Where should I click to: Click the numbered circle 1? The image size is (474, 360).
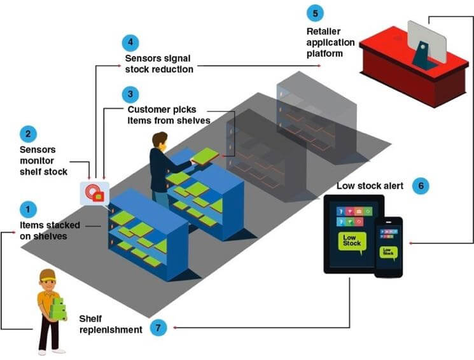click(x=27, y=209)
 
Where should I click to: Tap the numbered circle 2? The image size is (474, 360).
click(x=27, y=134)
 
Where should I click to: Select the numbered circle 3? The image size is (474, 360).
click(x=130, y=95)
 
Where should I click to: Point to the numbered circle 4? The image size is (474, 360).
click(x=130, y=43)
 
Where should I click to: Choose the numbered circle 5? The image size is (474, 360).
click(x=314, y=13)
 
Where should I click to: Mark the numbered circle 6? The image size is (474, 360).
click(x=420, y=186)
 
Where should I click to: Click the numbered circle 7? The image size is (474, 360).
click(x=159, y=328)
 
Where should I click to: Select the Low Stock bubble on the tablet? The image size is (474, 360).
click(x=351, y=242)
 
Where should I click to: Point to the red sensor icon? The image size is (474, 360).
click(x=94, y=191)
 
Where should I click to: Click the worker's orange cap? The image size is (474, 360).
click(x=48, y=275)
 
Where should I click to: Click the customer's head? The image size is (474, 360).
click(x=159, y=141)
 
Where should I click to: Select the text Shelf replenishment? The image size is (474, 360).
click(x=110, y=324)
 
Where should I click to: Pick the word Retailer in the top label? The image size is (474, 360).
click(x=324, y=32)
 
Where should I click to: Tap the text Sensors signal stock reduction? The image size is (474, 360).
click(x=158, y=64)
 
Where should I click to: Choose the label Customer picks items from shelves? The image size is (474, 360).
click(x=169, y=115)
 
